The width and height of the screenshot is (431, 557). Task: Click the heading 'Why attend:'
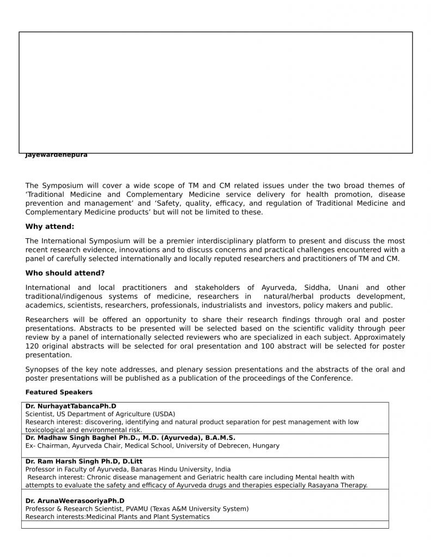point(50,227)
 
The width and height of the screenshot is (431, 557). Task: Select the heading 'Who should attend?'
point(65,273)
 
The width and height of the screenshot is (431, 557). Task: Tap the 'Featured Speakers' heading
point(59,392)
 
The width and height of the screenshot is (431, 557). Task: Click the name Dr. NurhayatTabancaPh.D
point(71,406)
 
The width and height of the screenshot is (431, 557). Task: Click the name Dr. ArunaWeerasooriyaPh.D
point(75,501)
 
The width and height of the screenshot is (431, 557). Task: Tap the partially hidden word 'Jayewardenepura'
point(56,156)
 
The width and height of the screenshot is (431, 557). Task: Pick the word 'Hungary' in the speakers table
point(265,446)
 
